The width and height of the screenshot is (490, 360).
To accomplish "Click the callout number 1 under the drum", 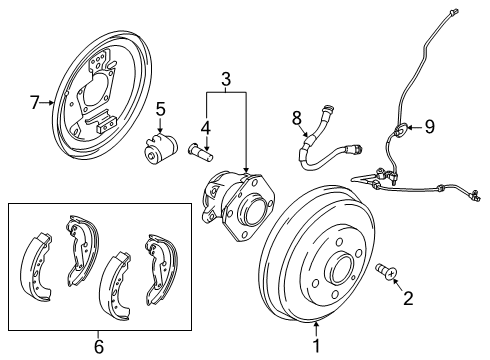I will pyautogui.click(x=317, y=347).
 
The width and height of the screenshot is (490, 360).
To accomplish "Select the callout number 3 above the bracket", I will pyautogui.click(x=227, y=79).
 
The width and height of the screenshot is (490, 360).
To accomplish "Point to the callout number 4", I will pyautogui.click(x=205, y=127).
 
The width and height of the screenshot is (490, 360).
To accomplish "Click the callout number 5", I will pyautogui.click(x=159, y=111).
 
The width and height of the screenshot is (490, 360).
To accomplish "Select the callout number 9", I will pyautogui.click(x=430, y=127).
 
